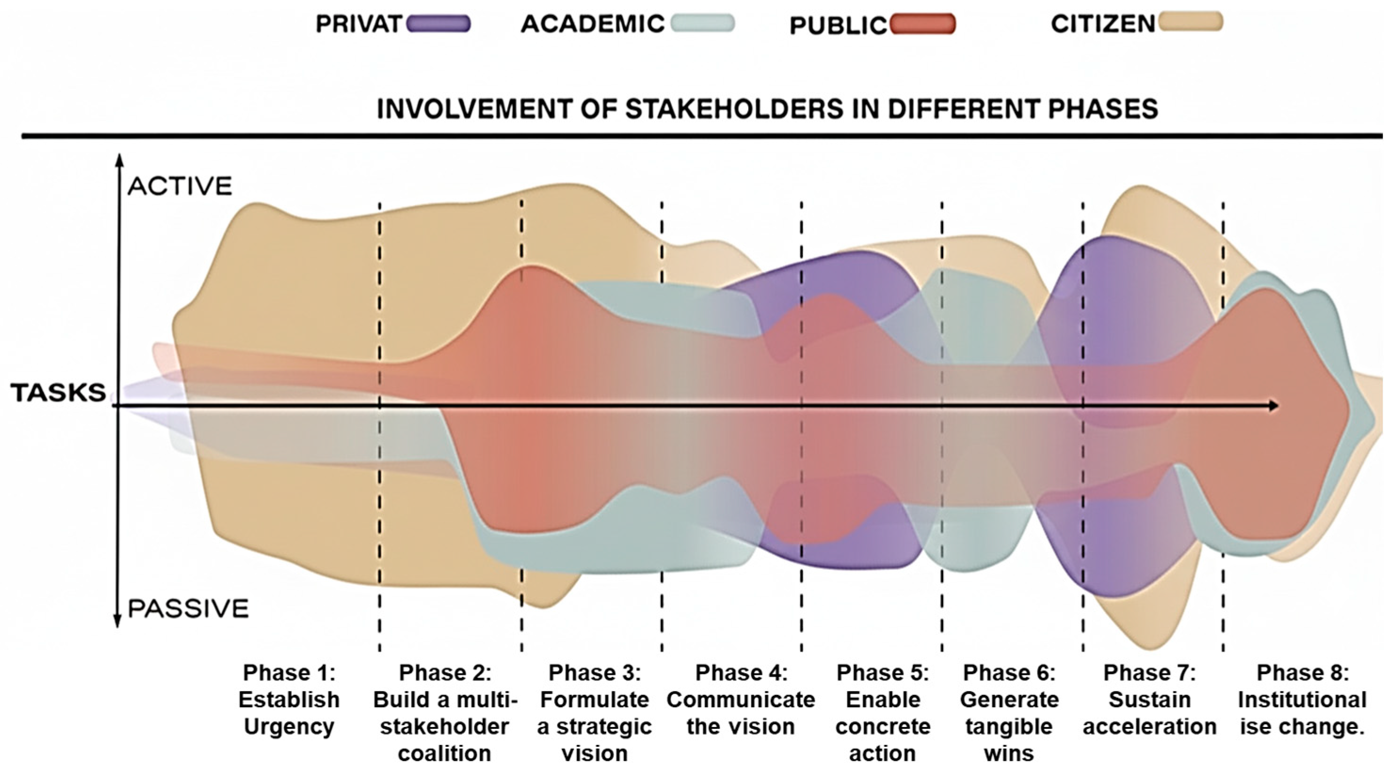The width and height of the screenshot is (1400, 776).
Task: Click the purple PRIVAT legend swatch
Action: point(438,24)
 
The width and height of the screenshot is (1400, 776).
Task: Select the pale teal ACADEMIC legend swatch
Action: point(702,24)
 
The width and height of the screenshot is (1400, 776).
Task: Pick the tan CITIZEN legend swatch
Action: point(1190,22)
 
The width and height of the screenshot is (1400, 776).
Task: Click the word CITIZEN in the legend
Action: point(1102,24)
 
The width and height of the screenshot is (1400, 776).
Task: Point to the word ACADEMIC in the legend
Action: point(592,24)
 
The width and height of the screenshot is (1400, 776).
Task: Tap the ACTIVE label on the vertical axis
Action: point(180,186)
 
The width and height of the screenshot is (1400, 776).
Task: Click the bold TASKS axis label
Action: point(58,393)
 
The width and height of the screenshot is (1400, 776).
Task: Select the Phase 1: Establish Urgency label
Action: point(288,699)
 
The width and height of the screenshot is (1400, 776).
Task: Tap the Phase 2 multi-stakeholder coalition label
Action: point(445,712)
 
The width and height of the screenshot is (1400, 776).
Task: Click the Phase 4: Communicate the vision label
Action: point(741,699)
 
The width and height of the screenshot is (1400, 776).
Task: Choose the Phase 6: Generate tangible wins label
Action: point(1008,712)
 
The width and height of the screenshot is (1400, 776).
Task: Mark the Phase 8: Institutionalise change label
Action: point(1302,699)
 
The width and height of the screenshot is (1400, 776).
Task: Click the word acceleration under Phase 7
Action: point(1150,727)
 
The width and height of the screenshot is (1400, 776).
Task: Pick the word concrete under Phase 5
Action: point(883,727)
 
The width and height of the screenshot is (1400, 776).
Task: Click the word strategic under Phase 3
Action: point(594,727)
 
